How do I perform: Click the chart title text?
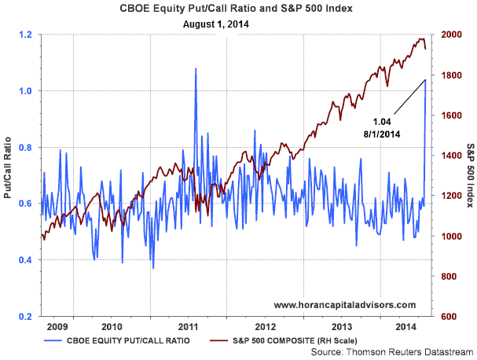239,9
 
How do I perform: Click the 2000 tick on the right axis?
451,35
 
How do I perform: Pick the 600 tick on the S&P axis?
448,317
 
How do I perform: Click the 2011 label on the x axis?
188,325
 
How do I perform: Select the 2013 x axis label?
342,325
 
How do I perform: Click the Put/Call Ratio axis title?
7,175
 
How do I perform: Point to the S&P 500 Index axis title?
469,175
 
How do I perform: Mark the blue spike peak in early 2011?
195,69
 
